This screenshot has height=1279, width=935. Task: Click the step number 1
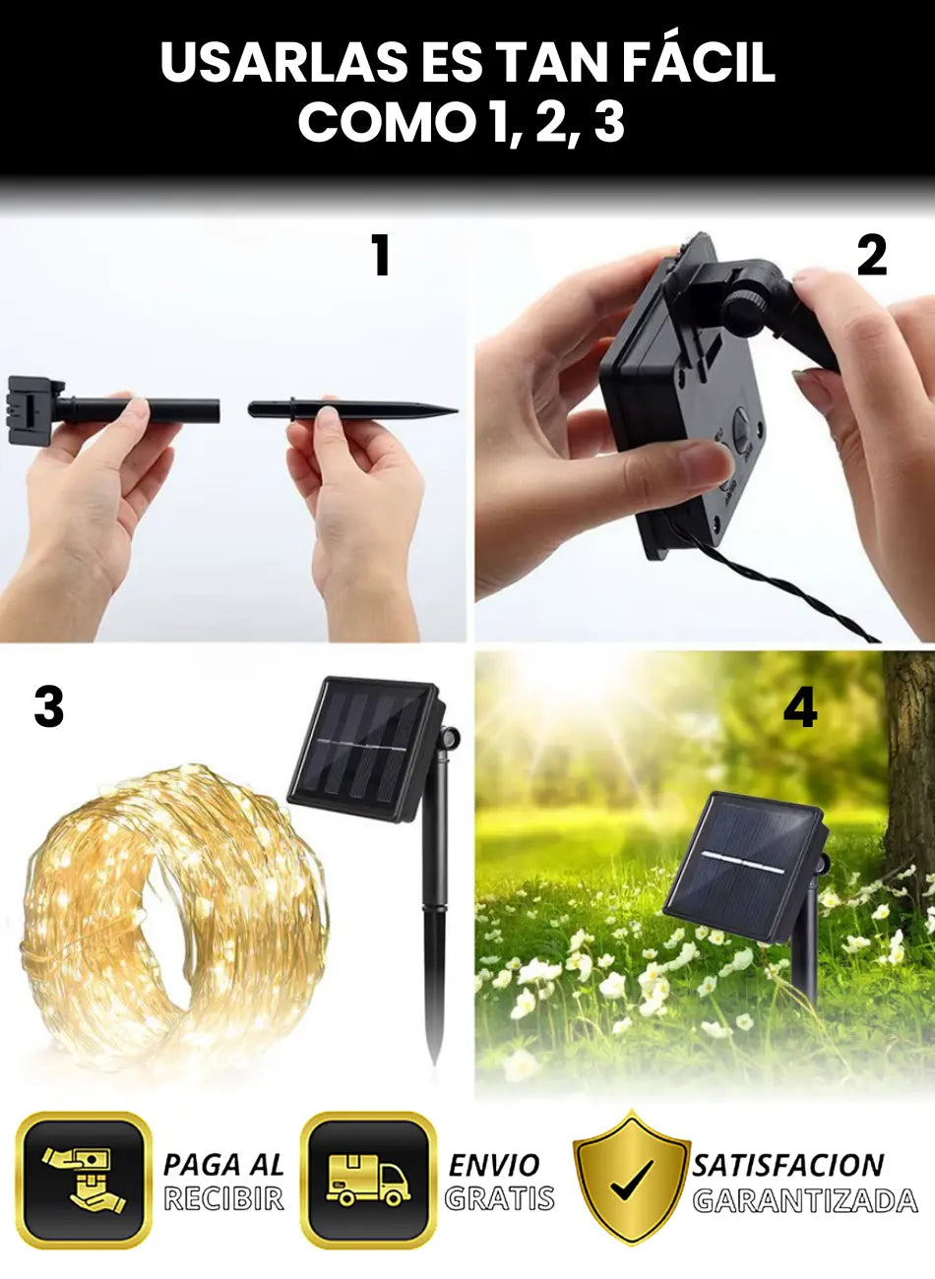pyautogui.click(x=381, y=256)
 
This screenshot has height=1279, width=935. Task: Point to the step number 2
pyautogui.click(x=872, y=256)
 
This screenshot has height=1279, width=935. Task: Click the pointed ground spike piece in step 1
pyautogui.click(x=352, y=409)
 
